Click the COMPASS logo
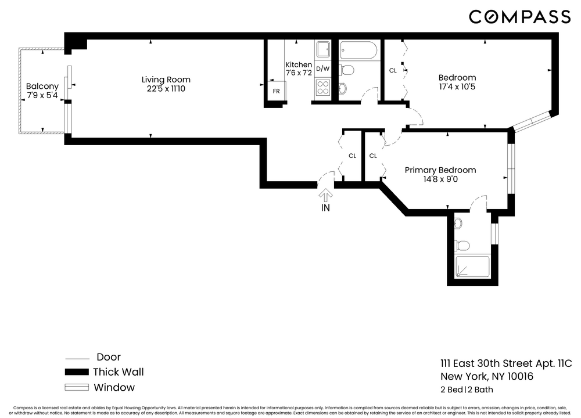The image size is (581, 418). (519, 17)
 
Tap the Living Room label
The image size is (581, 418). (166, 80)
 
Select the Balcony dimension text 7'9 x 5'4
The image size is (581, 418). (42, 95)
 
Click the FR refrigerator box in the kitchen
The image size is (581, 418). (276, 91)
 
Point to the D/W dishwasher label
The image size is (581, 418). (322, 69)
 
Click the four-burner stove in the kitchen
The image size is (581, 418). (322, 88)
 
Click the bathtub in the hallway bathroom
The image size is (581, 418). (358, 51)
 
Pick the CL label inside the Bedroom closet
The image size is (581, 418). (393, 70)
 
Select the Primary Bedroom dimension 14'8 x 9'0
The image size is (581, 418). (440, 179)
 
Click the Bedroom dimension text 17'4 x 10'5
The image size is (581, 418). (457, 87)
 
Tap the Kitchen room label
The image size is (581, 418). (299, 64)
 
